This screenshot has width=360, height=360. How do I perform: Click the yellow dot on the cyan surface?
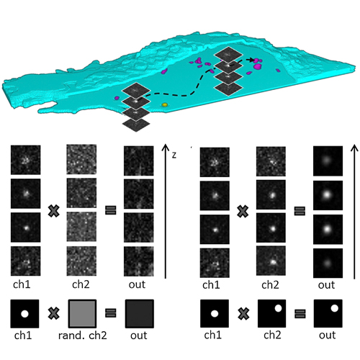(x=164, y=105)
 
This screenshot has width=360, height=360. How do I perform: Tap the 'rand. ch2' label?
(x=83, y=335)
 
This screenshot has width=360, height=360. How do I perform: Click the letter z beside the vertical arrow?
(x=174, y=156)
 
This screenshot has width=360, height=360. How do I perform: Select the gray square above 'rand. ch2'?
(x=82, y=313)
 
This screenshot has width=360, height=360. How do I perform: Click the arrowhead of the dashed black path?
(x=251, y=60)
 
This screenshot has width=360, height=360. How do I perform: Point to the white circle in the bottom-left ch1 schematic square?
(x=24, y=314)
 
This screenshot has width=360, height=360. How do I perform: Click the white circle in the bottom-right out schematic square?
(x=334, y=308)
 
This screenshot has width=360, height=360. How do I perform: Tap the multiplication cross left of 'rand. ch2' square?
(x=54, y=313)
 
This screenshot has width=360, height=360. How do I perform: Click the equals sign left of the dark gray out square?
(x=111, y=313)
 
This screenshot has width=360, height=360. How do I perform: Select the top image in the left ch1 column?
(x=25, y=160)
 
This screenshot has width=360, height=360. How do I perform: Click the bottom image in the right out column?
(x=328, y=264)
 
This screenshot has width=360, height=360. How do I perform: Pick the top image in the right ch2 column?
(x=271, y=161)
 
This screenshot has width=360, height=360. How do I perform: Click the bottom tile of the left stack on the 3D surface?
(x=136, y=125)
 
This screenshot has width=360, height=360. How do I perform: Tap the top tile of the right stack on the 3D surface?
(x=228, y=54)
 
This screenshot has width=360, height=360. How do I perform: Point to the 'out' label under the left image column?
(x=137, y=284)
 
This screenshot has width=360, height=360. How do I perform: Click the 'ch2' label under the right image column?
(x=270, y=285)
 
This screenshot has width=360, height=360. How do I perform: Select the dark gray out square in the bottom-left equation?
(x=140, y=313)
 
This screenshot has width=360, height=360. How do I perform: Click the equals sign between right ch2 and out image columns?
(x=300, y=211)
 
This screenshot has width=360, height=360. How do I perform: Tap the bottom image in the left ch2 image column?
(x=81, y=261)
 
